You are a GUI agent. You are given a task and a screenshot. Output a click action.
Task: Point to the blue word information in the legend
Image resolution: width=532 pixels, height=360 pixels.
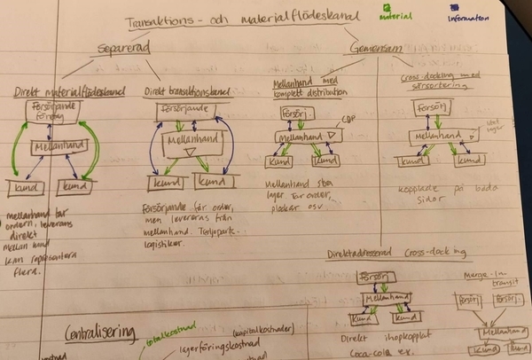(469, 17)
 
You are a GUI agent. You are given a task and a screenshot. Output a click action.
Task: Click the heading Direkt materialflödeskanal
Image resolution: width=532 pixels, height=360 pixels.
(70, 91)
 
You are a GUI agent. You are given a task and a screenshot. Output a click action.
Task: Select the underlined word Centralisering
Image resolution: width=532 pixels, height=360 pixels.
(100, 333)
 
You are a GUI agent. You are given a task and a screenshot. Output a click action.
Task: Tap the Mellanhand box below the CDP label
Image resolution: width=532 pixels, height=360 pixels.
(307, 137)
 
